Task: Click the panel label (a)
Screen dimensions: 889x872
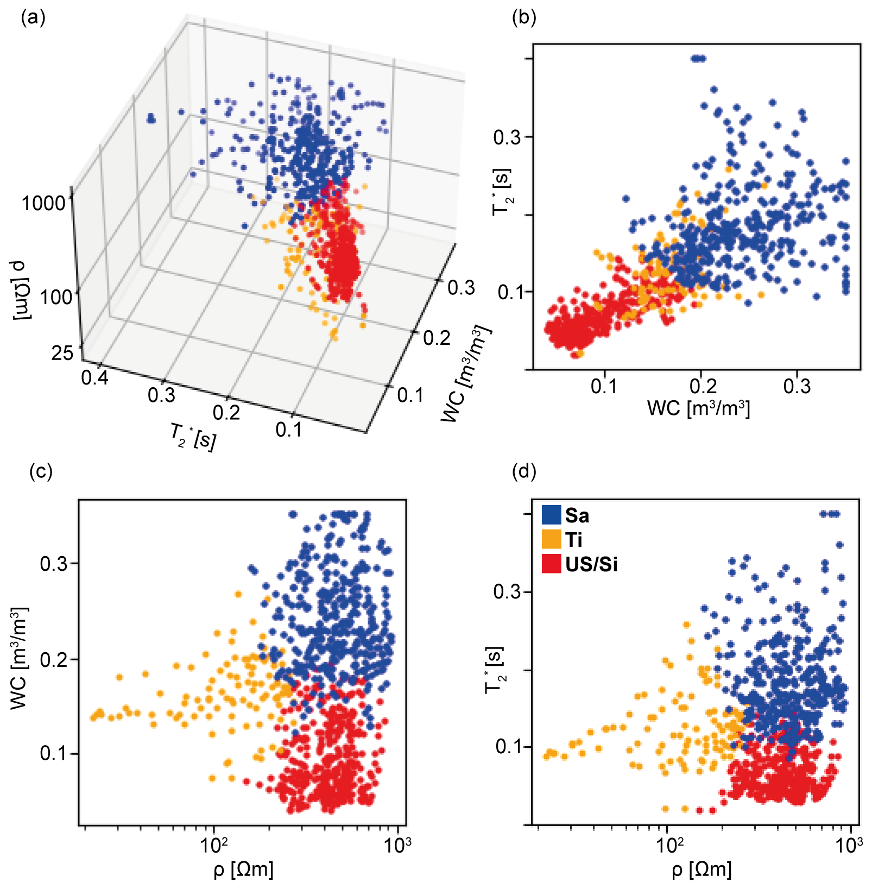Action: click(x=33, y=18)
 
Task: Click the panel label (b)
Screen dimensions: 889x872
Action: click(x=524, y=18)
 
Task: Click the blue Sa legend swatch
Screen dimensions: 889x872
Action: click(x=551, y=514)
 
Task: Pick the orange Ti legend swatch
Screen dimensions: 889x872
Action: click(x=551, y=539)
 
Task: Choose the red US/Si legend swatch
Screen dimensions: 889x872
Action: click(x=551, y=564)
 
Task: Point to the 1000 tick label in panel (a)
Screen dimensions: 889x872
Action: click(x=43, y=203)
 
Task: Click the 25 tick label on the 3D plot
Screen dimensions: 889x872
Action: click(x=62, y=353)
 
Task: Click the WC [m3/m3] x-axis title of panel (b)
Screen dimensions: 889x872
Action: click(x=698, y=408)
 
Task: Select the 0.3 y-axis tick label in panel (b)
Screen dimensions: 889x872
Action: click(x=506, y=137)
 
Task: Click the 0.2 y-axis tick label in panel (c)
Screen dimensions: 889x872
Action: click(x=54, y=659)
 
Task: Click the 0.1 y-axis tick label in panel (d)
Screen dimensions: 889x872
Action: click(x=508, y=746)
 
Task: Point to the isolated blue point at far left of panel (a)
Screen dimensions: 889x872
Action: click(x=150, y=118)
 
